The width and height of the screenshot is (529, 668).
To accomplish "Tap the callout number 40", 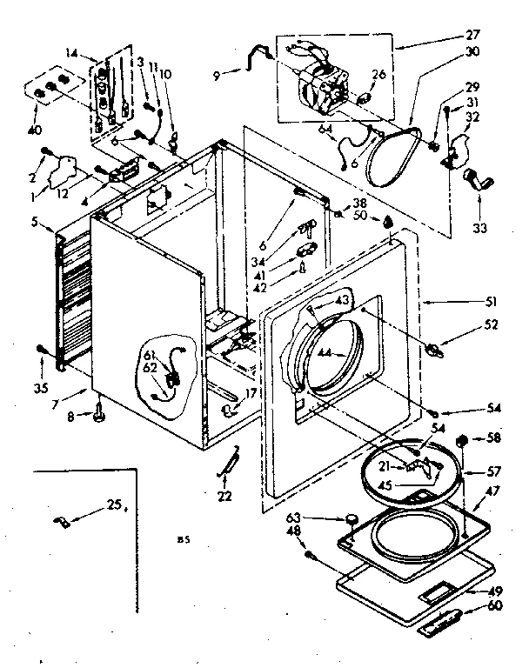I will tap(34, 117).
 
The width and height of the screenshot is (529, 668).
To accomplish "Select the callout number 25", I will tap(111, 504).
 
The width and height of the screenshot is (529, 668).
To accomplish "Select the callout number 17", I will tap(251, 394).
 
